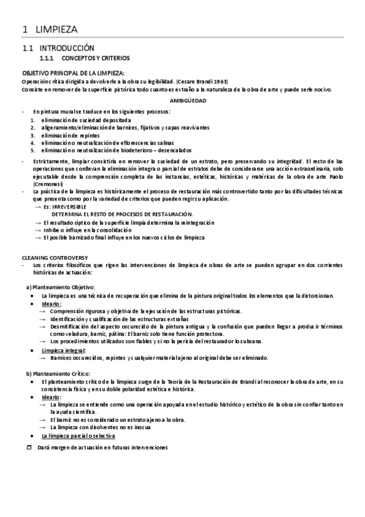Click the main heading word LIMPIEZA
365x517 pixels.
pyautogui.click(x=57, y=29)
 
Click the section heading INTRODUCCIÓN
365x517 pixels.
pyautogui.click(x=67, y=47)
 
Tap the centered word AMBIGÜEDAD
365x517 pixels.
pyautogui.click(x=187, y=100)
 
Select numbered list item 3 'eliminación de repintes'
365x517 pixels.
pyautogui.click(x=71, y=135)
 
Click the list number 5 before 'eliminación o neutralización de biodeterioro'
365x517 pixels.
pyautogui.click(x=33, y=150)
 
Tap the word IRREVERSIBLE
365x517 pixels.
pyautogui.click(x=69, y=207)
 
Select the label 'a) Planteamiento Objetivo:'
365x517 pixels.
pyautogui.click(x=60, y=287)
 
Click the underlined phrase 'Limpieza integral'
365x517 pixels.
pyautogui.click(x=63, y=350)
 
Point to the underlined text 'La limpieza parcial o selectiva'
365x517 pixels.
pyautogui.click(x=78, y=436)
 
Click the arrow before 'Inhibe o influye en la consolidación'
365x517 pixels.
pyautogui.click(x=38, y=230)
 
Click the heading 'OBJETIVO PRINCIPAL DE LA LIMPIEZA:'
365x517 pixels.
pyautogui.click(x=73, y=73)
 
